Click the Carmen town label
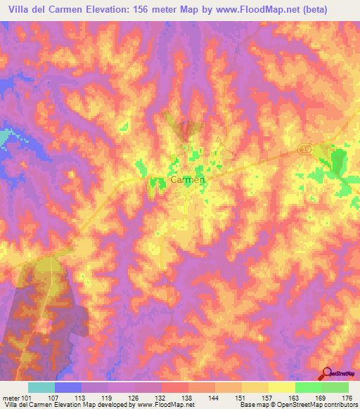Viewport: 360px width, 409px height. pos(188,180)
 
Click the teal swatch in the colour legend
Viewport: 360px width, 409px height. pos(41,387)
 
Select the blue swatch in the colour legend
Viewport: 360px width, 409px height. pos(68,387)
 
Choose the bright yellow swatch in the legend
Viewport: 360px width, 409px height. pos(282,387)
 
